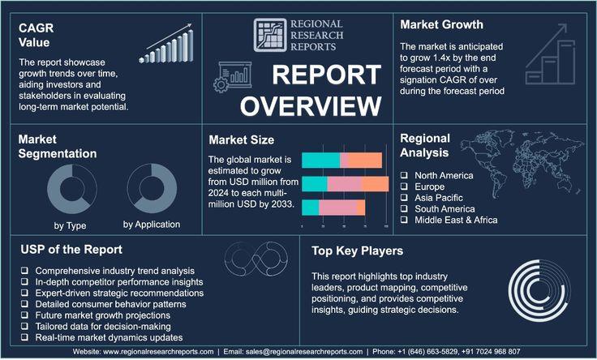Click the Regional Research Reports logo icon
point(270,35)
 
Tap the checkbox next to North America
point(404,175)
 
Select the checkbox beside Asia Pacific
point(404,198)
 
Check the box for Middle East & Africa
point(404,220)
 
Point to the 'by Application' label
point(152,225)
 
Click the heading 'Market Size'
point(242,139)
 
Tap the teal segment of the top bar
point(320,161)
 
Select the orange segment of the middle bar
point(375,184)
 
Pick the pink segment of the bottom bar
point(338,208)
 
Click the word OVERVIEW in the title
point(311,105)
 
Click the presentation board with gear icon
point(232,77)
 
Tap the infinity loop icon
point(256,259)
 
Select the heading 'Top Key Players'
point(357,251)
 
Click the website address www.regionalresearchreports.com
point(158,352)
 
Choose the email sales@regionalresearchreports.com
point(304,352)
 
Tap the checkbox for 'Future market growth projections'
point(25,315)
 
